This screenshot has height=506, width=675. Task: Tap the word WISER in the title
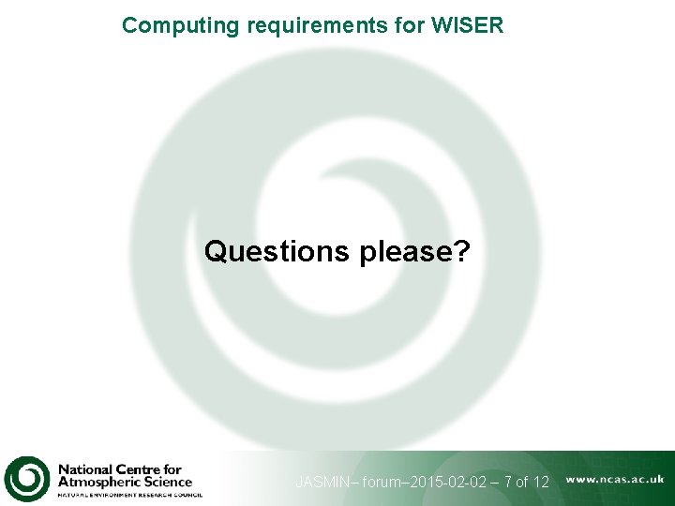point(468,25)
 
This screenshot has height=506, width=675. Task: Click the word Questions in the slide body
point(277,251)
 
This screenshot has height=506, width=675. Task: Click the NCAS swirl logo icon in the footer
point(26,479)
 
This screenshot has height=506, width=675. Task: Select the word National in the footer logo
point(84,469)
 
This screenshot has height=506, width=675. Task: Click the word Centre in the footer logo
point(137,469)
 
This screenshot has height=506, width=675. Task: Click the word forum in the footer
point(384,483)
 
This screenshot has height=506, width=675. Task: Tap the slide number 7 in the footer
point(507,483)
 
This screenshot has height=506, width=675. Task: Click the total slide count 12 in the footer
point(540,483)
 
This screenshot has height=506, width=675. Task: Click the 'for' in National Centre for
point(172,469)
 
